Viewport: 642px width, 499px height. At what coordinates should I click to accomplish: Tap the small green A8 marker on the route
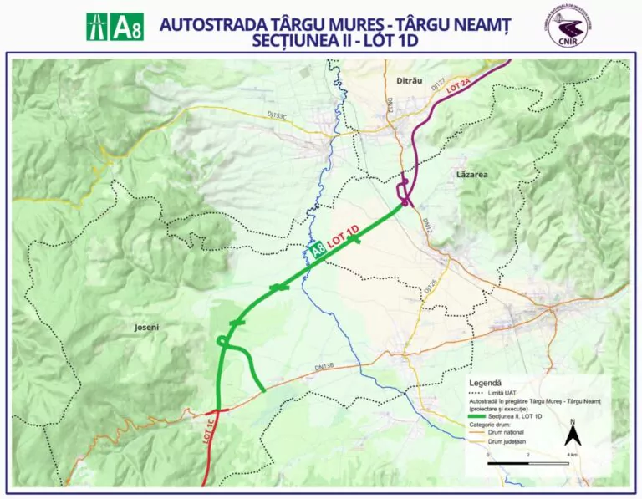coord(317,250)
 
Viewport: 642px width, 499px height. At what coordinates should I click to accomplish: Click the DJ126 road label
coord(430,286)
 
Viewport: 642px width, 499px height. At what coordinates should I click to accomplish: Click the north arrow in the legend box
coord(572,433)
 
